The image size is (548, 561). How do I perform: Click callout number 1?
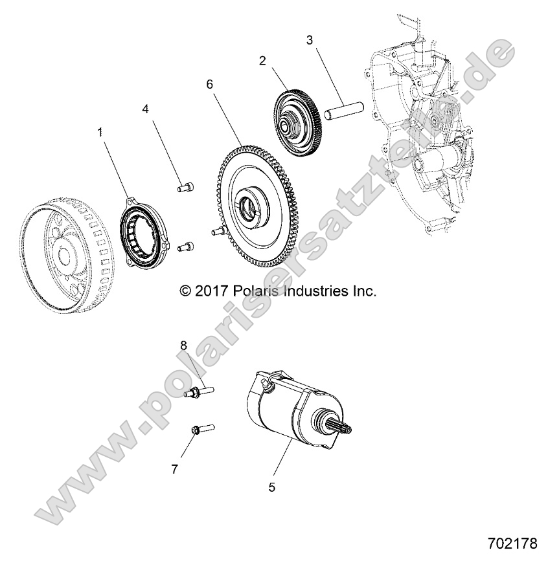click(x=100, y=132)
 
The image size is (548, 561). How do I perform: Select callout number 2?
click(x=262, y=61)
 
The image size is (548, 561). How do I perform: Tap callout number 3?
click(x=310, y=40)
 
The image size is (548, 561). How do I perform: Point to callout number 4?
click(x=146, y=109)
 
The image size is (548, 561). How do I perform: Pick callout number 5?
click(x=271, y=487)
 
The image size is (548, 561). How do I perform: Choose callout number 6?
click(x=209, y=84)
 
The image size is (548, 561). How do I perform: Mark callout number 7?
click(x=174, y=470)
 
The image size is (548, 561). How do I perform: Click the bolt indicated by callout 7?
click(x=198, y=428)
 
